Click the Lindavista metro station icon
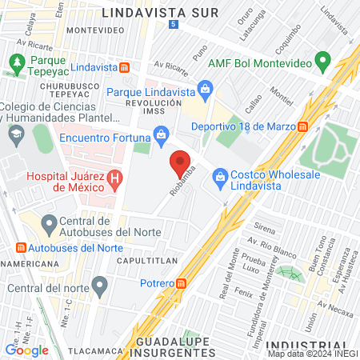(124, 67)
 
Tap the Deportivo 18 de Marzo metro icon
(303, 126)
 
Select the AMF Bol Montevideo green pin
(322, 61)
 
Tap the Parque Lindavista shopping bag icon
(206, 88)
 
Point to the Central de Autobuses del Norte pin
(48, 222)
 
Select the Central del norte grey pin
(100, 284)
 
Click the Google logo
(26, 350)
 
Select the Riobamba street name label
(182, 186)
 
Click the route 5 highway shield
(175, 26)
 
